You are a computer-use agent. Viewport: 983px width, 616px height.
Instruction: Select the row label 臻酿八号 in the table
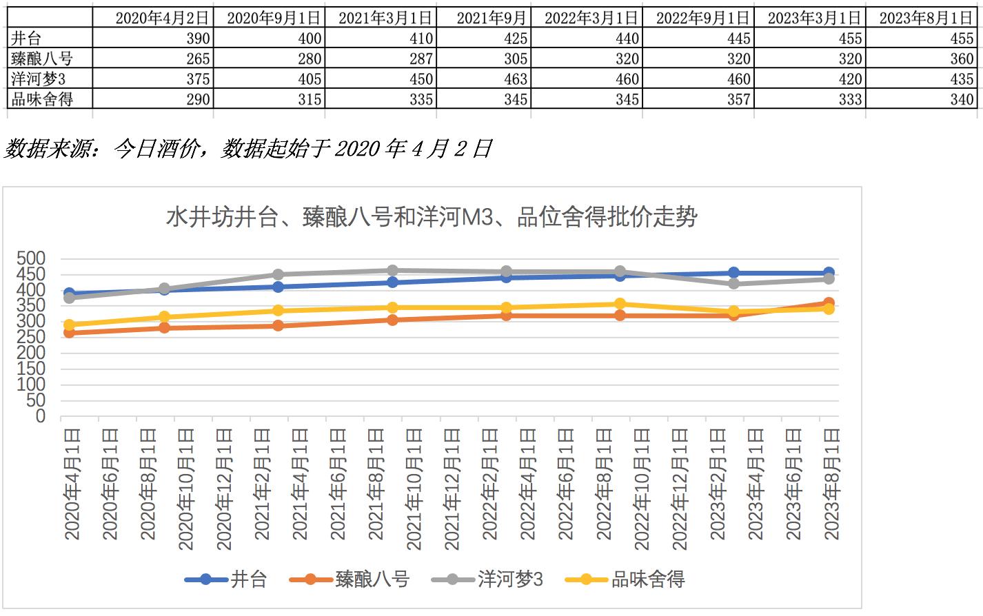click(42, 59)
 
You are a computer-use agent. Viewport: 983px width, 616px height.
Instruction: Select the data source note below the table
click(248, 148)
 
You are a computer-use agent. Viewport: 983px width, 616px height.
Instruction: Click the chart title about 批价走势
click(432, 217)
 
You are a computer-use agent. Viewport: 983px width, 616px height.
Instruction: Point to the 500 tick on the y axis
click(31, 258)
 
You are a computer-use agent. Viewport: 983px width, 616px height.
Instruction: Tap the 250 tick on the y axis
click(31, 337)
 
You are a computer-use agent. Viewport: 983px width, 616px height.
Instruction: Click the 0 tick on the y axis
click(40, 416)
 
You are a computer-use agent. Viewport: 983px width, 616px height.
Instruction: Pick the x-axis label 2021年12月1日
click(452, 489)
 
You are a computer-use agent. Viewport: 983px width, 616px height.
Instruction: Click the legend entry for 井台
click(227, 579)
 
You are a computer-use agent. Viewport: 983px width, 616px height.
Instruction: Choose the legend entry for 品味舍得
click(626, 579)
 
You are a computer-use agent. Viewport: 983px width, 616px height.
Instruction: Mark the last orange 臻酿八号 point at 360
click(829, 303)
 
